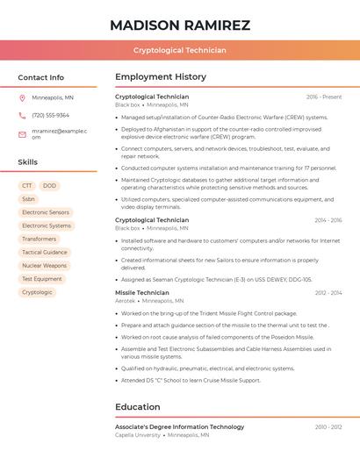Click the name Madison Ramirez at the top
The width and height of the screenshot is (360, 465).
pos(180,25)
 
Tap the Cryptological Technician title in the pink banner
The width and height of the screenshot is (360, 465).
pos(180,50)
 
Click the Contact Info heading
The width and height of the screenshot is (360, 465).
pos(41,77)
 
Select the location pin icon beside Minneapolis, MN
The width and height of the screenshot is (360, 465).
pos(22,97)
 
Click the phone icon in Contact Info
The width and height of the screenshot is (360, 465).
pos(22,115)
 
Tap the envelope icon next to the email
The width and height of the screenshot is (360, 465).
pos(22,133)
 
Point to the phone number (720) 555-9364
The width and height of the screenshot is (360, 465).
pos(50,115)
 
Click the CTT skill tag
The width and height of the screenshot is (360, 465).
pos(27,186)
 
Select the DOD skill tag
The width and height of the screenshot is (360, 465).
pos(49,186)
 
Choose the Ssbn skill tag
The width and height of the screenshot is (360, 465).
pos(29,199)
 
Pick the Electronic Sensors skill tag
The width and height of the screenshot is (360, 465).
pos(46,212)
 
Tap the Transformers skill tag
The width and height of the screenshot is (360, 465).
pos(40,239)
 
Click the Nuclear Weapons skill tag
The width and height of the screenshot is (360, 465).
pos(44,265)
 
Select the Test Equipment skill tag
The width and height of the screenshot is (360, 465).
pos(42,279)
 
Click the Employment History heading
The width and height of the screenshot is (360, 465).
pos(161,77)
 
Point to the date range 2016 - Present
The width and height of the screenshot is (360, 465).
pos(324,97)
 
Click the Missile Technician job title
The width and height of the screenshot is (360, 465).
pos(142,292)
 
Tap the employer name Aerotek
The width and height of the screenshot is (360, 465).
pos(126,300)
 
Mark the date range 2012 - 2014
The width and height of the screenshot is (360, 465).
pos(328,292)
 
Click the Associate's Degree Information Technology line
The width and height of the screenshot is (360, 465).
pos(180,426)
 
